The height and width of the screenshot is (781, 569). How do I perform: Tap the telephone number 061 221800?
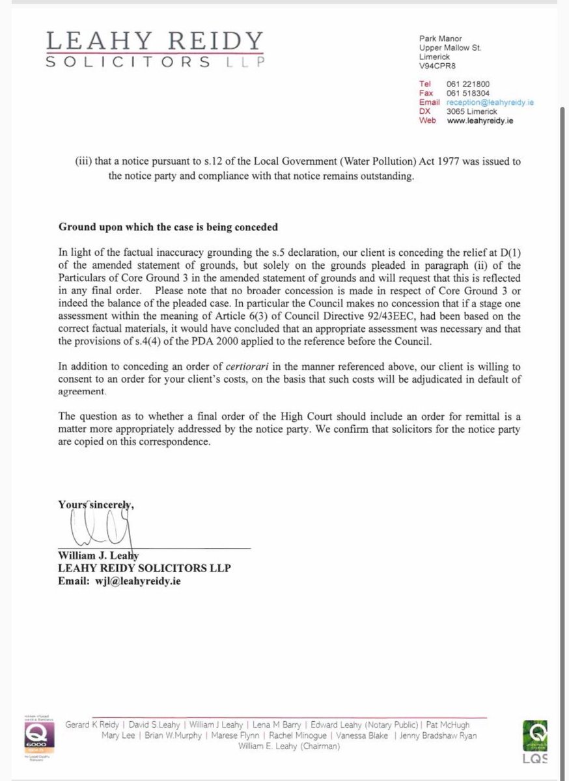click(x=468, y=84)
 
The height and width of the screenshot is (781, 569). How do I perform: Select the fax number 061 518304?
click(x=468, y=93)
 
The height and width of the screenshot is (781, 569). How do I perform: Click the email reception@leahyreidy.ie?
click(x=490, y=102)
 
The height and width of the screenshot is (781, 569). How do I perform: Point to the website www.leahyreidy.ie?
click(x=481, y=120)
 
